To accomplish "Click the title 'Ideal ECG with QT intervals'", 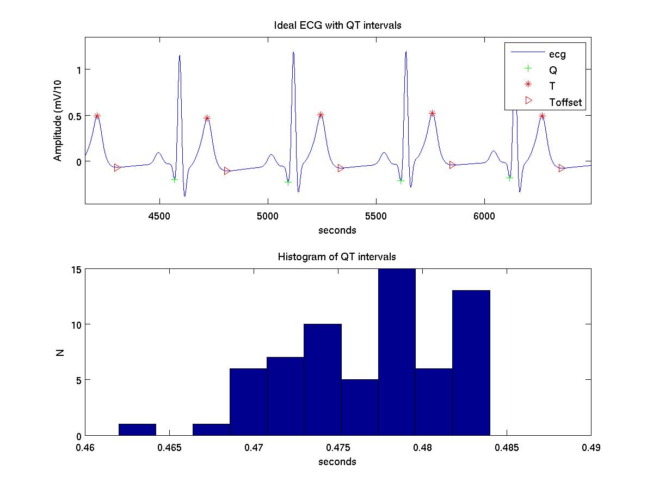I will [x=337, y=26].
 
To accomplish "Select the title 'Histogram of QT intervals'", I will [x=337, y=256].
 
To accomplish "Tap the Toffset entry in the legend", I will [x=569, y=102].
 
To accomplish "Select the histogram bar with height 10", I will [x=323, y=380].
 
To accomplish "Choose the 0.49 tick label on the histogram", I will [x=590, y=448].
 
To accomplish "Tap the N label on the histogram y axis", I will [x=60, y=352].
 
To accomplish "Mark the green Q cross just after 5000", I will [x=288, y=182].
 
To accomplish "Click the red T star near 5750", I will [x=432, y=113].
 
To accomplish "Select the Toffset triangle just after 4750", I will [x=227, y=171].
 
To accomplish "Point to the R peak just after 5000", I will [x=293, y=53].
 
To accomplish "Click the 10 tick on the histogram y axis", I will [x=76, y=324].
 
